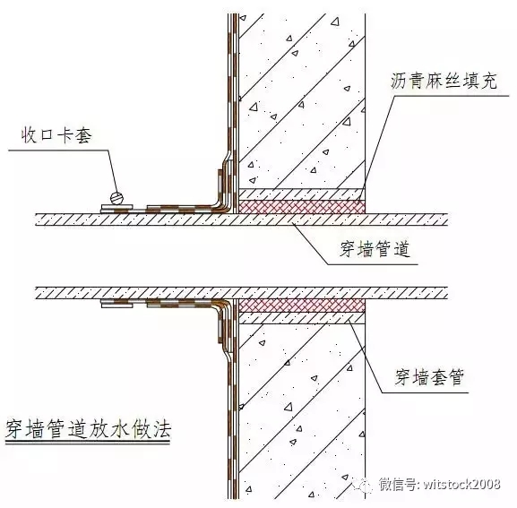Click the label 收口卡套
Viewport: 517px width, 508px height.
tap(56, 135)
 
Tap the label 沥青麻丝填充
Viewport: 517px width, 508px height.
tap(444, 82)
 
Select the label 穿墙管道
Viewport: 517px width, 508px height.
tap(375, 249)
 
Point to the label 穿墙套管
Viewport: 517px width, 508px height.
tap(429, 377)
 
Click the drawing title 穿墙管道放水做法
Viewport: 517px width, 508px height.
tap(89, 429)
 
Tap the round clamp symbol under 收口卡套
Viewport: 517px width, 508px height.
tap(116, 198)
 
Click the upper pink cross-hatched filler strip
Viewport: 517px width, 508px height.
tap(302, 207)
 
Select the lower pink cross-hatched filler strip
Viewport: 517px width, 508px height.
tap(302, 306)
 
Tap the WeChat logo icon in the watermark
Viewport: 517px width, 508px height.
tap(363, 486)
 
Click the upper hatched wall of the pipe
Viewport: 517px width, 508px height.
tap(241, 220)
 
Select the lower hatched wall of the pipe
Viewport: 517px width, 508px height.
tap(241, 293)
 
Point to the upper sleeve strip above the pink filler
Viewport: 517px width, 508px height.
tap(302, 194)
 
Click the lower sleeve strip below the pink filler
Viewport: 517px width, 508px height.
tap(302, 318)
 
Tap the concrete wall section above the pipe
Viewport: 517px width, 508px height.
tap(302, 101)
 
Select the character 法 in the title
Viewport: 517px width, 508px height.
tap(161, 429)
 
